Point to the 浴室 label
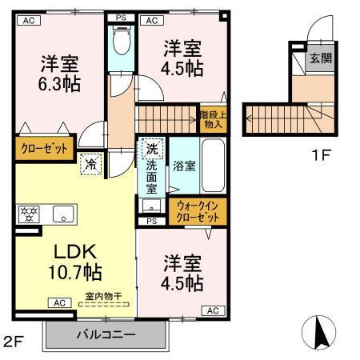tap(185, 165)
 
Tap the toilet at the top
tap(122, 41)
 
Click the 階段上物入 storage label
tap(212, 120)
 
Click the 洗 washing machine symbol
tap(151, 148)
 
